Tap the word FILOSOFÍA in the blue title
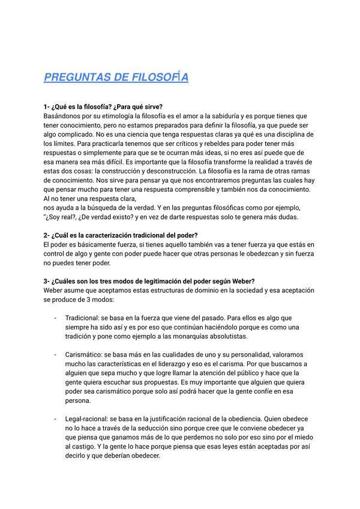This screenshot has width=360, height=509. click(x=159, y=77)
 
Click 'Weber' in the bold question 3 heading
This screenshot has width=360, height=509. click(x=241, y=282)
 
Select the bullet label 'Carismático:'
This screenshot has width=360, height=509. click(x=86, y=355)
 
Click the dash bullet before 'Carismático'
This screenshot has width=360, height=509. click(x=55, y=355)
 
